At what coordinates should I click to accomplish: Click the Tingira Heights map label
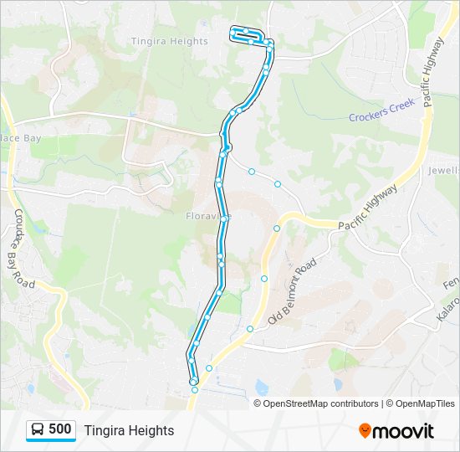[x=170, y=41]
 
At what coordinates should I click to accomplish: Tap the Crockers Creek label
[x=381, y=116]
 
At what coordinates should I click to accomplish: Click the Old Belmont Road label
[x=293, y=291]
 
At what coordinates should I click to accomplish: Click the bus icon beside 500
[x=38, y=429]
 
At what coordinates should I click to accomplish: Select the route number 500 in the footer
[x=60, y=429]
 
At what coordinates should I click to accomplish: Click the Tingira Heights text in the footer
[x=129, y=430]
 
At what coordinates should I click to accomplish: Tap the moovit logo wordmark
[x=403, y=431]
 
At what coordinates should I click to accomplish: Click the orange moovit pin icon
[x=365, y=431]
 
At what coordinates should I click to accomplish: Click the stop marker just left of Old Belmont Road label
[x=264, y=279]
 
